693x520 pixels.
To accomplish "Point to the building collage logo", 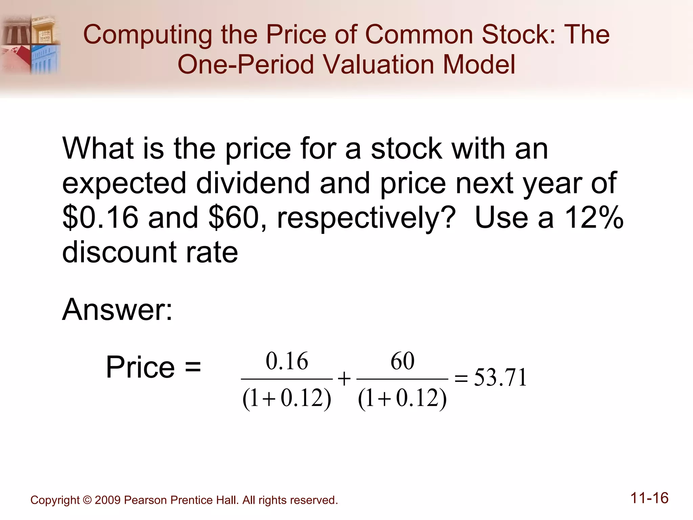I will (30, 44).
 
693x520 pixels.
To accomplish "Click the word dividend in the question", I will (252, 183).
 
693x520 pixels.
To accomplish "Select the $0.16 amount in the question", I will (100, 217).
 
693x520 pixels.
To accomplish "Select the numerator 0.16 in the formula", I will (287, 361).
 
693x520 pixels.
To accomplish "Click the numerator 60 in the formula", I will (402, 361).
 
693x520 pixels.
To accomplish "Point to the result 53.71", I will (500, 377).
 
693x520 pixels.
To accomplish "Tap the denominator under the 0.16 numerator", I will (287, 398).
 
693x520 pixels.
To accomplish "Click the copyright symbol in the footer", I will (87, 500).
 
